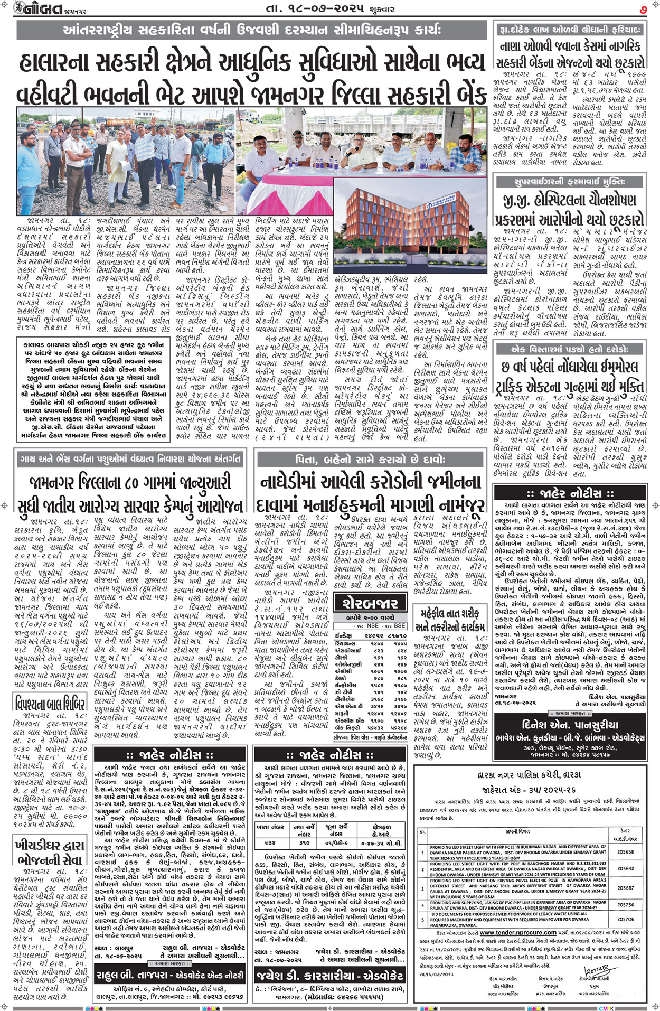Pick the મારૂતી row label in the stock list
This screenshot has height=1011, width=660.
pos(344,713)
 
